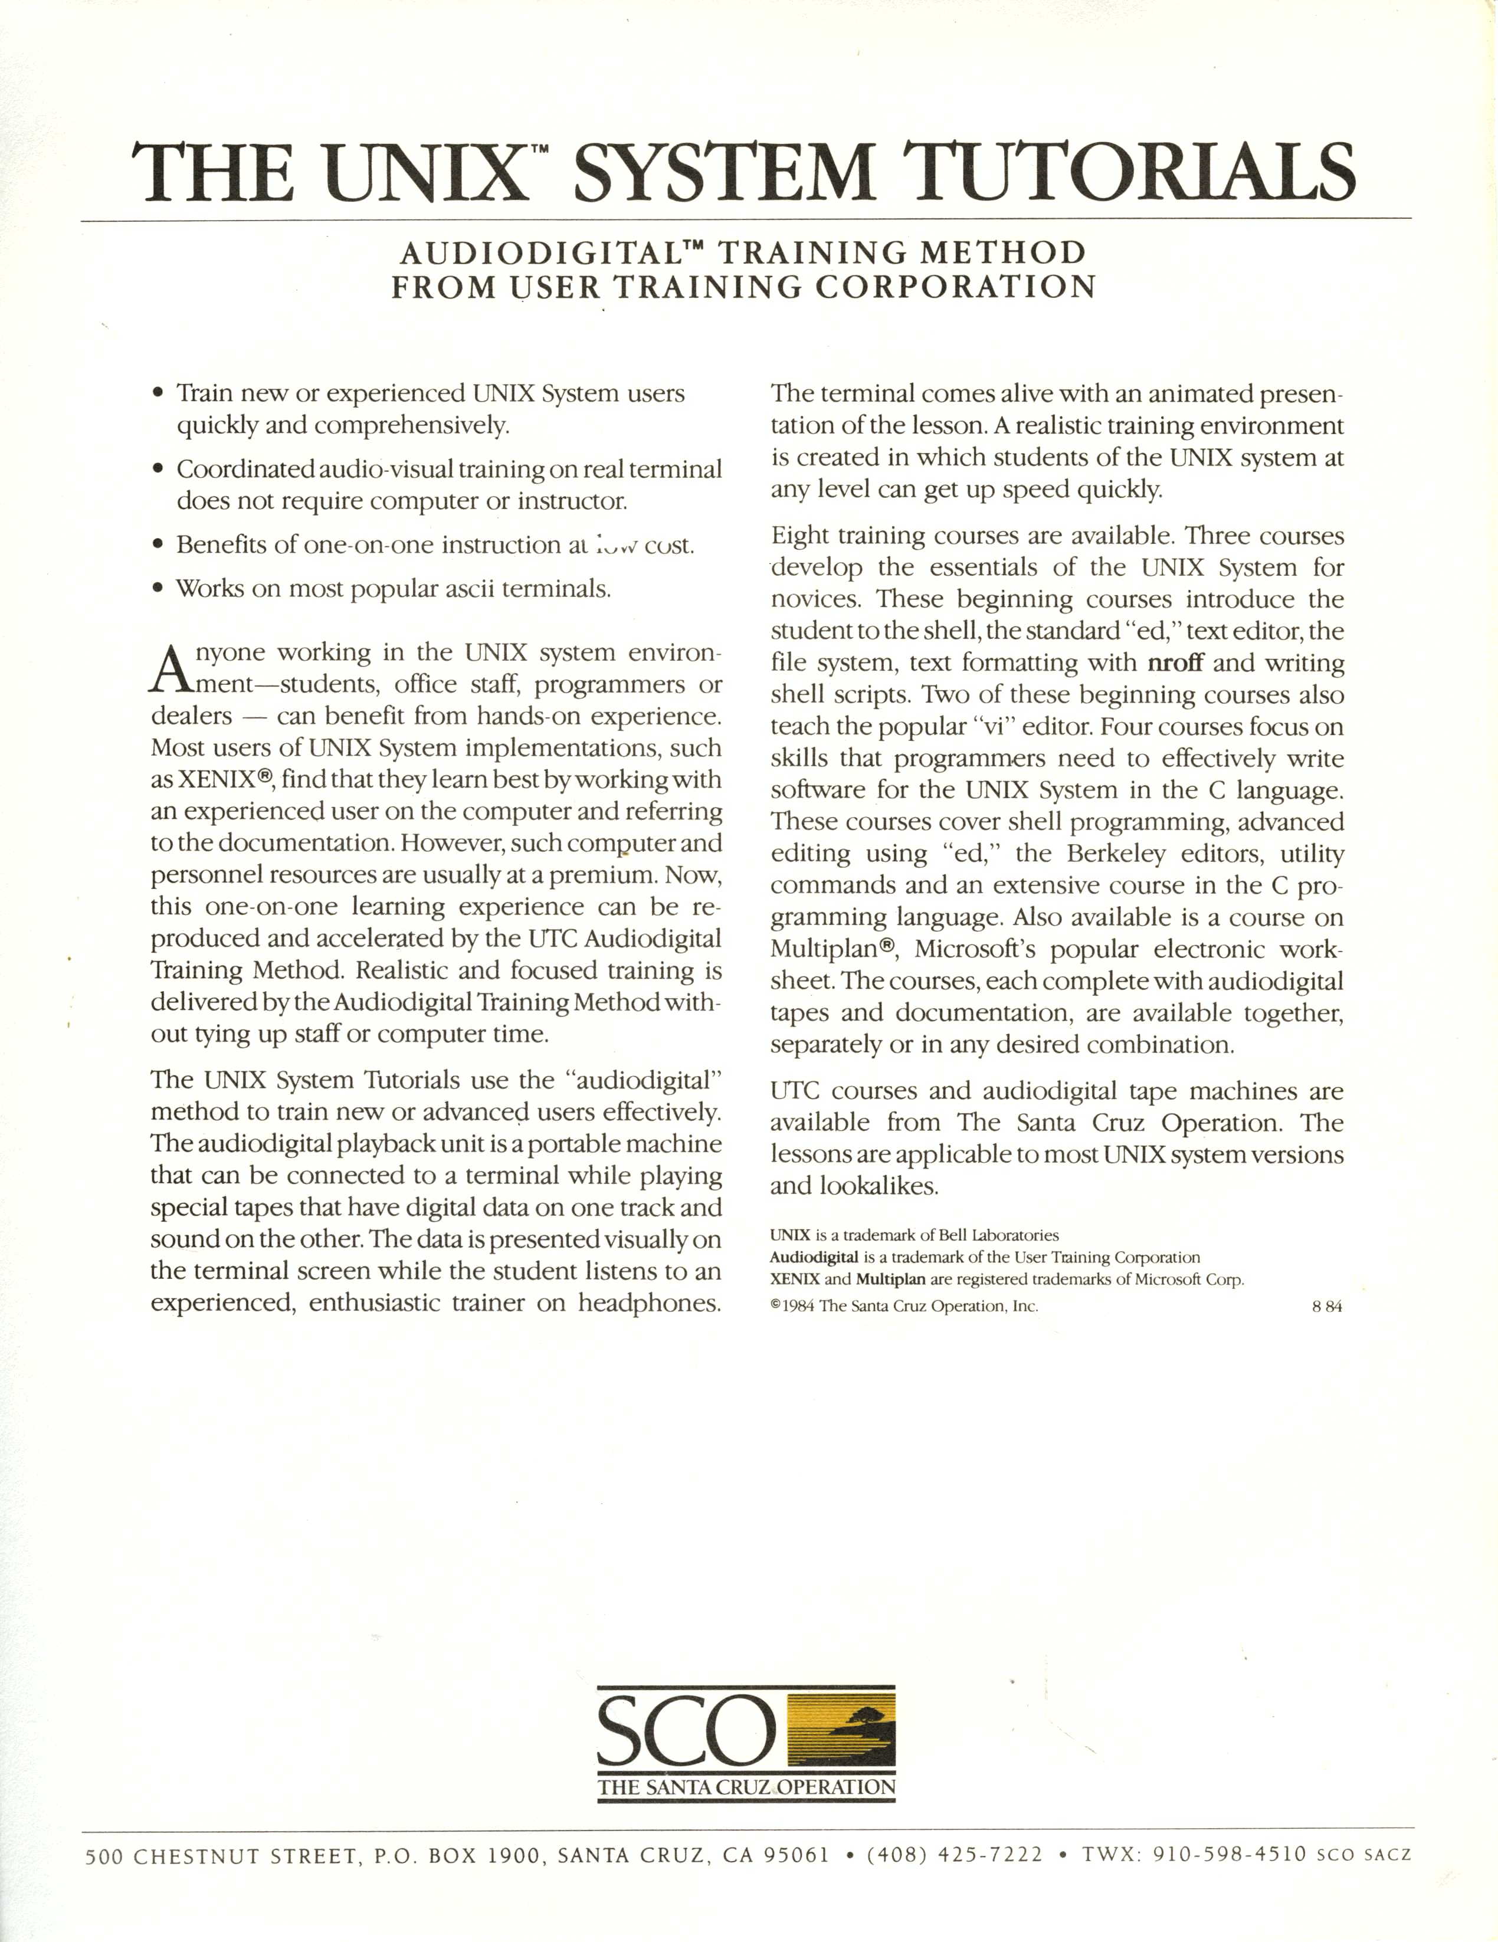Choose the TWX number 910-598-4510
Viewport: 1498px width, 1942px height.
1230,1855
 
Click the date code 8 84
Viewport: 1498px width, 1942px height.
1326,1306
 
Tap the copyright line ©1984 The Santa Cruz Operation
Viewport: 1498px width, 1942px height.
904,1306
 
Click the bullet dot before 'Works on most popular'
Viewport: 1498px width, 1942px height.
158,589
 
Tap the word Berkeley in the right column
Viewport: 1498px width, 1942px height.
1116,854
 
